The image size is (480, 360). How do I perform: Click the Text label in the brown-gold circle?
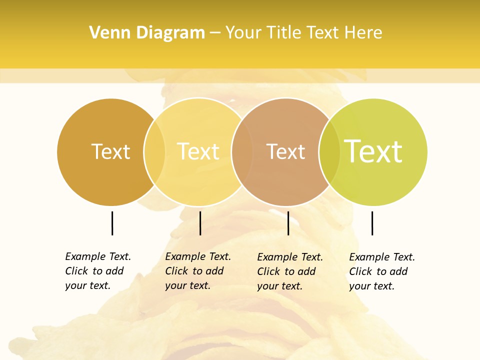tap(110, 151)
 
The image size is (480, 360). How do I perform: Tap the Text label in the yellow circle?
tap(198, 151)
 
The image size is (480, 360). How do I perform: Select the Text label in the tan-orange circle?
tap(285, 152)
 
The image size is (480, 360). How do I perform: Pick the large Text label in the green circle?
tap(373, 151)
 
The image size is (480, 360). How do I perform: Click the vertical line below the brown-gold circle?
tap(112, 223)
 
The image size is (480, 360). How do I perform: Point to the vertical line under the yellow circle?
tap(200, 223)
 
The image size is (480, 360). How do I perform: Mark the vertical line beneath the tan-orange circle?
tap(288, 223)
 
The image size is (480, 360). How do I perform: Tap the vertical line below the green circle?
tap(372, 223)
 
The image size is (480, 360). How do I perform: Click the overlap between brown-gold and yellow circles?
tap(154, 151)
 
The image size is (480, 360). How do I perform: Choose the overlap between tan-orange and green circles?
tap(329, 151)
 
